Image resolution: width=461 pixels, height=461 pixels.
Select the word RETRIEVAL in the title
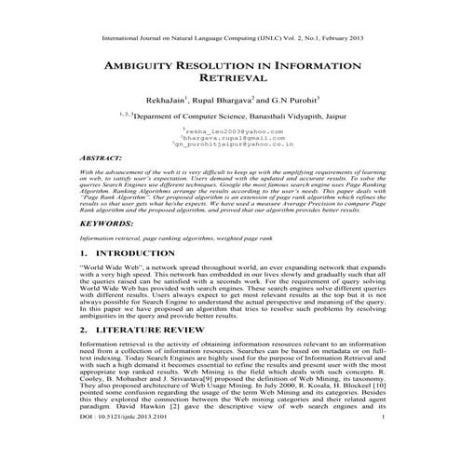231,82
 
